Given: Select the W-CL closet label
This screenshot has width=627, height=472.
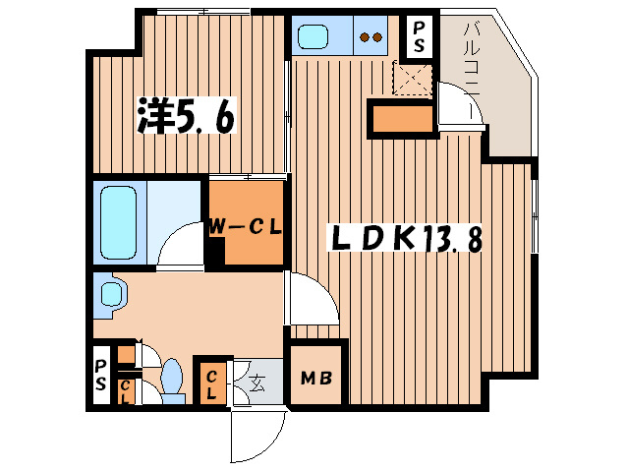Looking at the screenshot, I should (x=244, y=227).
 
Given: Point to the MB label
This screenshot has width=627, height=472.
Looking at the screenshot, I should (x=315, y=378).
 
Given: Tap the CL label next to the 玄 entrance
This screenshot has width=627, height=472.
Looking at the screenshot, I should (x=211, y=382).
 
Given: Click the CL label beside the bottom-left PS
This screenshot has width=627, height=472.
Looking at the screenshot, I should (x=126, y=391).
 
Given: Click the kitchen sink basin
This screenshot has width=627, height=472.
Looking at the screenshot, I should (x=316, y=38).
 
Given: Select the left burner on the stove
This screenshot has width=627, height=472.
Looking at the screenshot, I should (x=365, y=39).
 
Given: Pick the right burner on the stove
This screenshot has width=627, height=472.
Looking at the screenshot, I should (x=377, y=39).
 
